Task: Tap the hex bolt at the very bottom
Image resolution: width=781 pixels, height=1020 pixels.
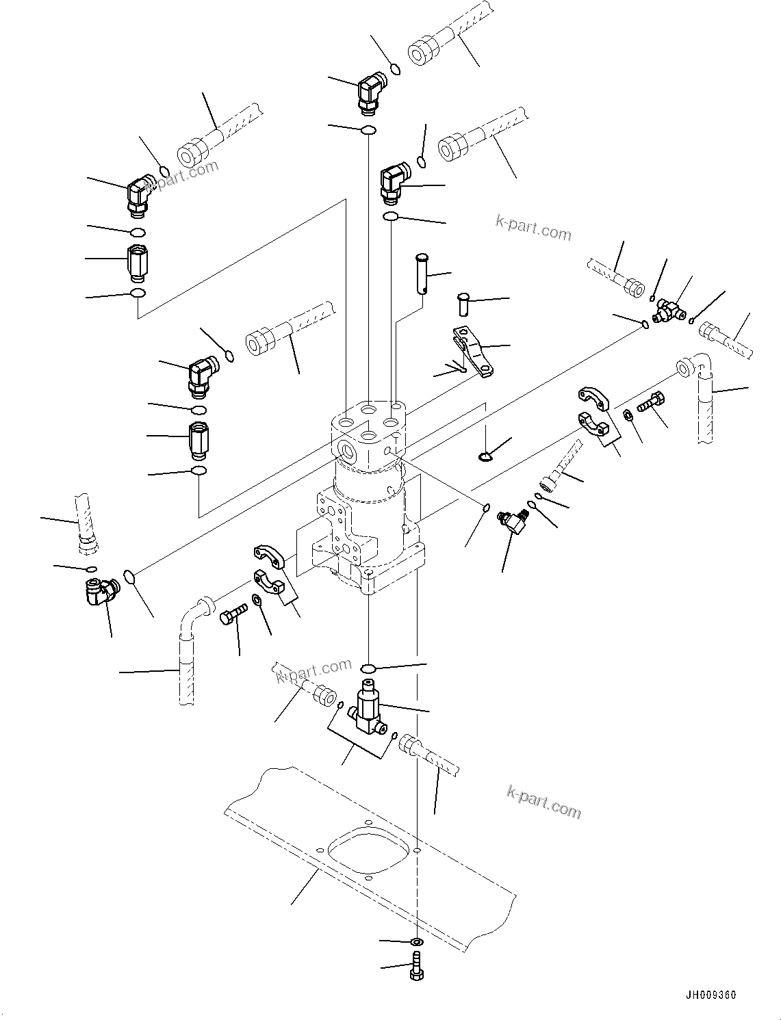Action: click(x=417, y=967)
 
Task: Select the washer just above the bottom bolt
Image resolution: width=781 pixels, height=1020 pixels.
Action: click(x=417, y=943)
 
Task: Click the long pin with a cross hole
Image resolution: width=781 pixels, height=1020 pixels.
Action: click(x=422, y=274)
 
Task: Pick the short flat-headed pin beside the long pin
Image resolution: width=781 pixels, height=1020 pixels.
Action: click(x=463, y=303)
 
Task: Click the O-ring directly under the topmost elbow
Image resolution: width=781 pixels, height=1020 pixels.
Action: click(x=368, y=130)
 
